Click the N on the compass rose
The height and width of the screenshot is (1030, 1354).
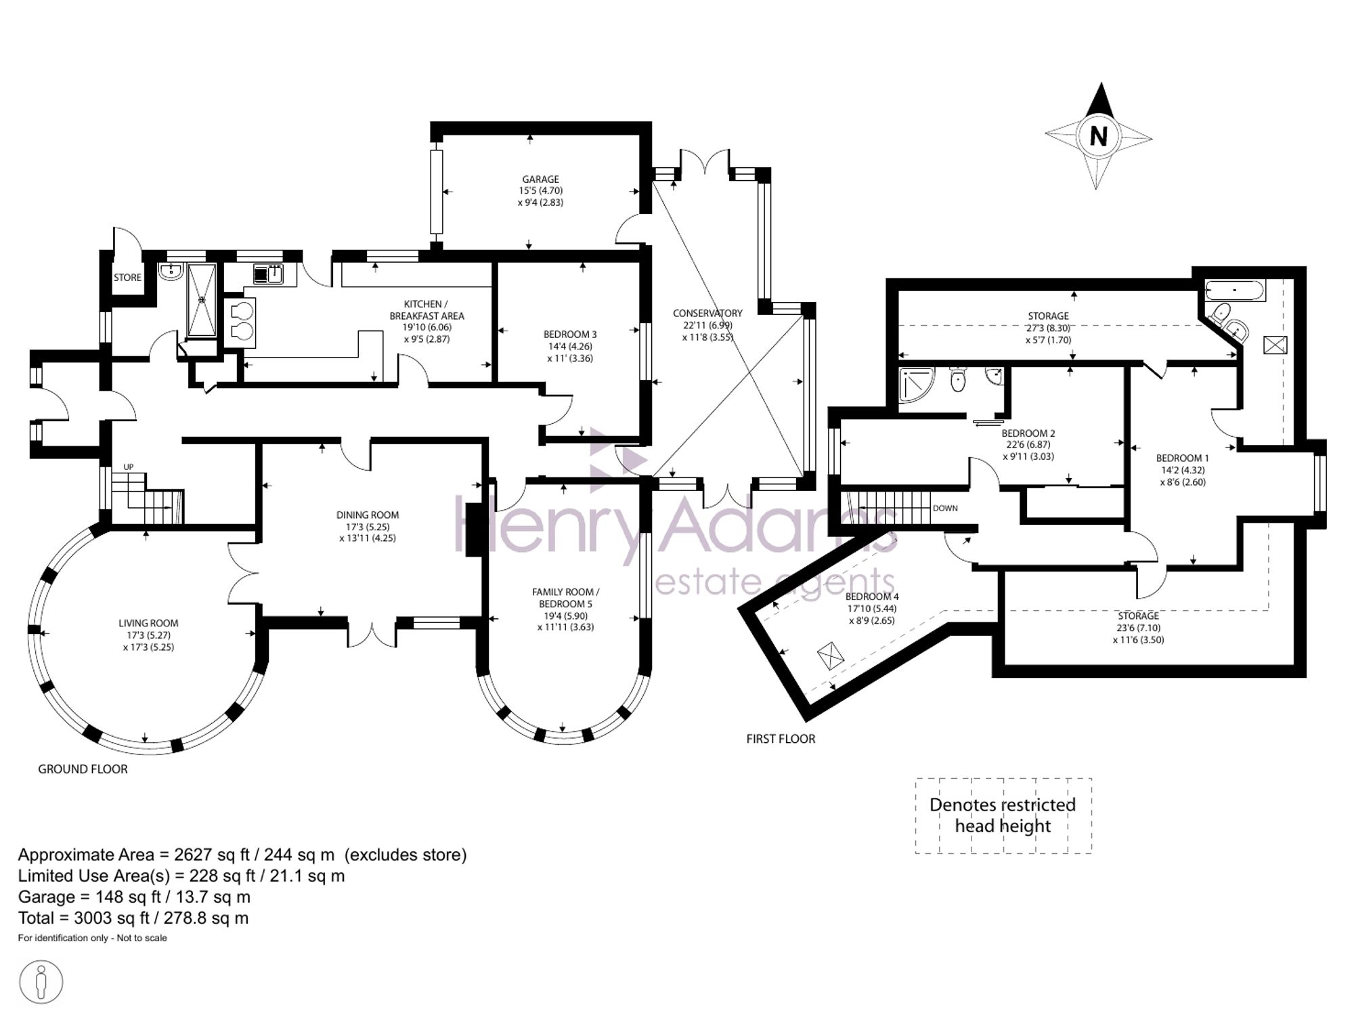1098,137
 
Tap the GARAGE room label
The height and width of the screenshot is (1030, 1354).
540,179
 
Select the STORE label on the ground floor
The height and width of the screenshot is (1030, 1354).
127,278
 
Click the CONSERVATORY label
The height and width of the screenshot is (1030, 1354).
707,314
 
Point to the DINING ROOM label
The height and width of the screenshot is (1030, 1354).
368,515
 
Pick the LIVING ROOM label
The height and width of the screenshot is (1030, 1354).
148,624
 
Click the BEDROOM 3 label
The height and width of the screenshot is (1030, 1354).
570,335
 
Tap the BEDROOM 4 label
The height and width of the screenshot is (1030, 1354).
872,597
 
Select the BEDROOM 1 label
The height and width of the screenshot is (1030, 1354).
1182,458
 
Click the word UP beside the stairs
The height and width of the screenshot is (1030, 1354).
129,467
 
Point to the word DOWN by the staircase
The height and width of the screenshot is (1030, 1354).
945,509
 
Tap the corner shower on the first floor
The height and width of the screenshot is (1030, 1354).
916,385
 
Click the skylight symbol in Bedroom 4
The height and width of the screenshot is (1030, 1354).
831,656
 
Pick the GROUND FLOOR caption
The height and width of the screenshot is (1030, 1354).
83,769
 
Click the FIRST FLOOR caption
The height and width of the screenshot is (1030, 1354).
781,739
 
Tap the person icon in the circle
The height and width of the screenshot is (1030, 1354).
41,982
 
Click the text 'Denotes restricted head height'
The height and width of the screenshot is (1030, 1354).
1003,815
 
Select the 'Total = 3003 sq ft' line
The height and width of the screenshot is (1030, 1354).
133,918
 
